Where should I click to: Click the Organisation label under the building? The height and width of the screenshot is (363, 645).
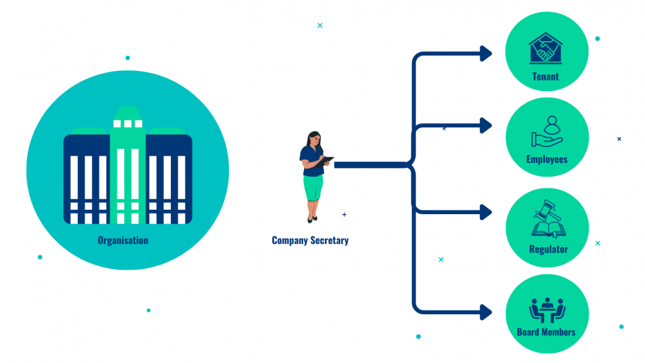[123, 241]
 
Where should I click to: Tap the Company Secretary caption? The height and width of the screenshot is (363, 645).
[310, 241]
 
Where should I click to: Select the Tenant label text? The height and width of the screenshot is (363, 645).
[546, 77]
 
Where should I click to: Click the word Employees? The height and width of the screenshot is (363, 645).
[547, 160]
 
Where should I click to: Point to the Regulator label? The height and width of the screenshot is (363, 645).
[548, 250]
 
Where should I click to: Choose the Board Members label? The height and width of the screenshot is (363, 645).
[546, 332]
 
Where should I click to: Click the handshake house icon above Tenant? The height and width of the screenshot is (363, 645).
[546, 49]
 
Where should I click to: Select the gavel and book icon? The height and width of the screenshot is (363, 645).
[548, 220]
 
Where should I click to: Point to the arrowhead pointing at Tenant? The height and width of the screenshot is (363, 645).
[486, 54]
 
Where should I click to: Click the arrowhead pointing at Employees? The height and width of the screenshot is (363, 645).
[486, 125]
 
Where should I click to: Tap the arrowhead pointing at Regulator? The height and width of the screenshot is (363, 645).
[486, 212]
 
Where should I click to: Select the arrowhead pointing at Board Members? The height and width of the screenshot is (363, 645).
[486, 312]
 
